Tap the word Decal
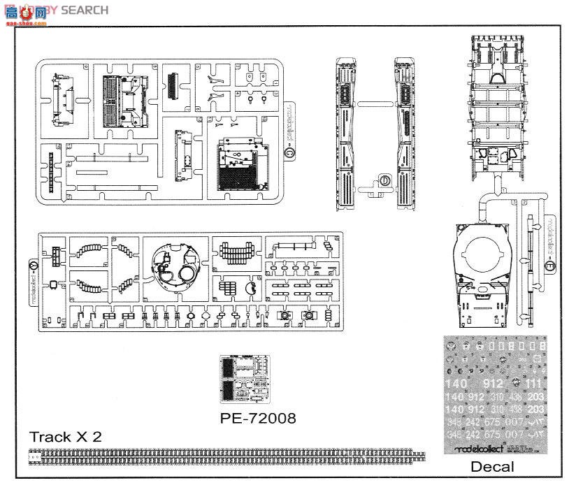(491, 466)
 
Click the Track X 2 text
(65, 437)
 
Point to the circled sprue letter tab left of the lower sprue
(34, 266)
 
